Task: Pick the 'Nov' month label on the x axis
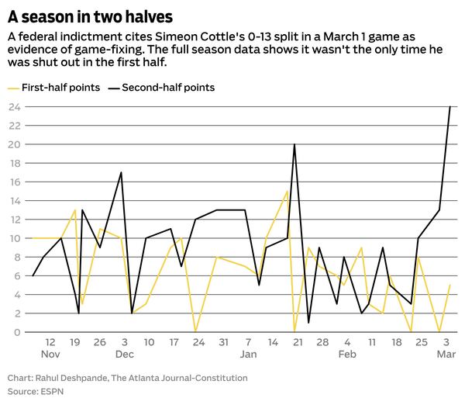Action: click(x=50, y=354)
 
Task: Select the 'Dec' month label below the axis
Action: click(x=125, y=354)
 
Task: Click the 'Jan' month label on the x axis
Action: click(x=248, y=354)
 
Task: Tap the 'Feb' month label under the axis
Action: click(x=347, y=354)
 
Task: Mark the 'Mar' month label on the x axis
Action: click(x=446, y=354)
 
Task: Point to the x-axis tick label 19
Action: click(x=74, y=341)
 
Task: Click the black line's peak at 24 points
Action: click(x=450, y=107)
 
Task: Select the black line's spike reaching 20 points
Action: click(x=294, y=144)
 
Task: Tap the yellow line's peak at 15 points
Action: click(x=288, y=192)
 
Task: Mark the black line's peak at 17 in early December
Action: click(x=122, y=172)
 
